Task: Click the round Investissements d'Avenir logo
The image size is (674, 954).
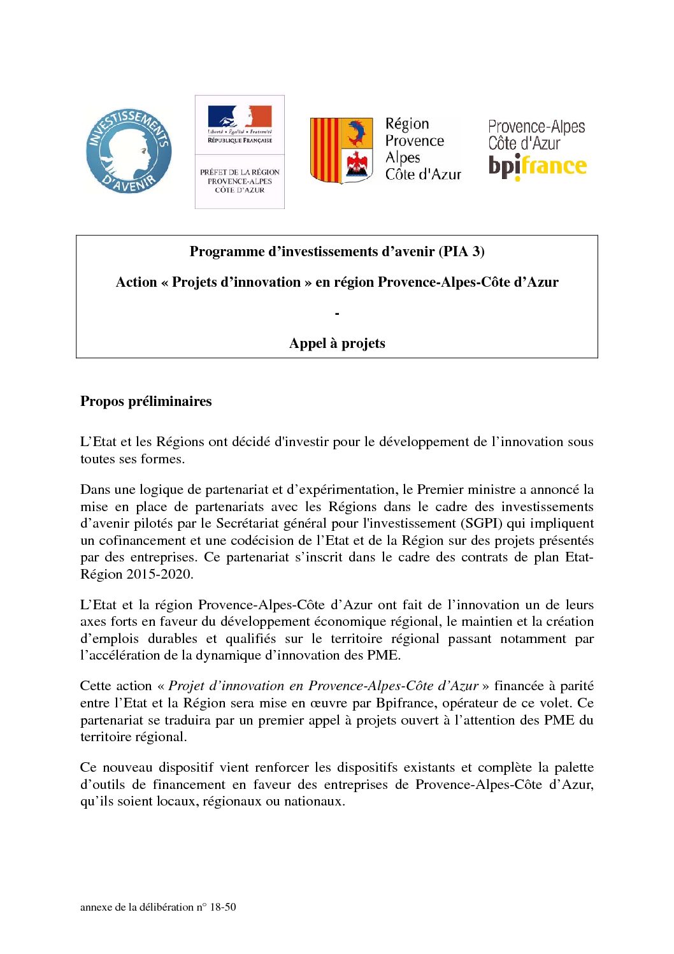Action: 129,151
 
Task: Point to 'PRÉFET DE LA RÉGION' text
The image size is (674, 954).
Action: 240,172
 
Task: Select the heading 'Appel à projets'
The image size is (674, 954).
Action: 337,343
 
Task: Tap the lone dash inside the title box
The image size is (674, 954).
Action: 337,314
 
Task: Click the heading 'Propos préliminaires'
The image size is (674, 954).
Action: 146,401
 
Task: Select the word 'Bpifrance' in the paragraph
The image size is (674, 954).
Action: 405,704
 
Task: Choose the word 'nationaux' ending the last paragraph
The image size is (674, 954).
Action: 313,802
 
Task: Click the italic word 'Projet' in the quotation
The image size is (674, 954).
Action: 186,686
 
